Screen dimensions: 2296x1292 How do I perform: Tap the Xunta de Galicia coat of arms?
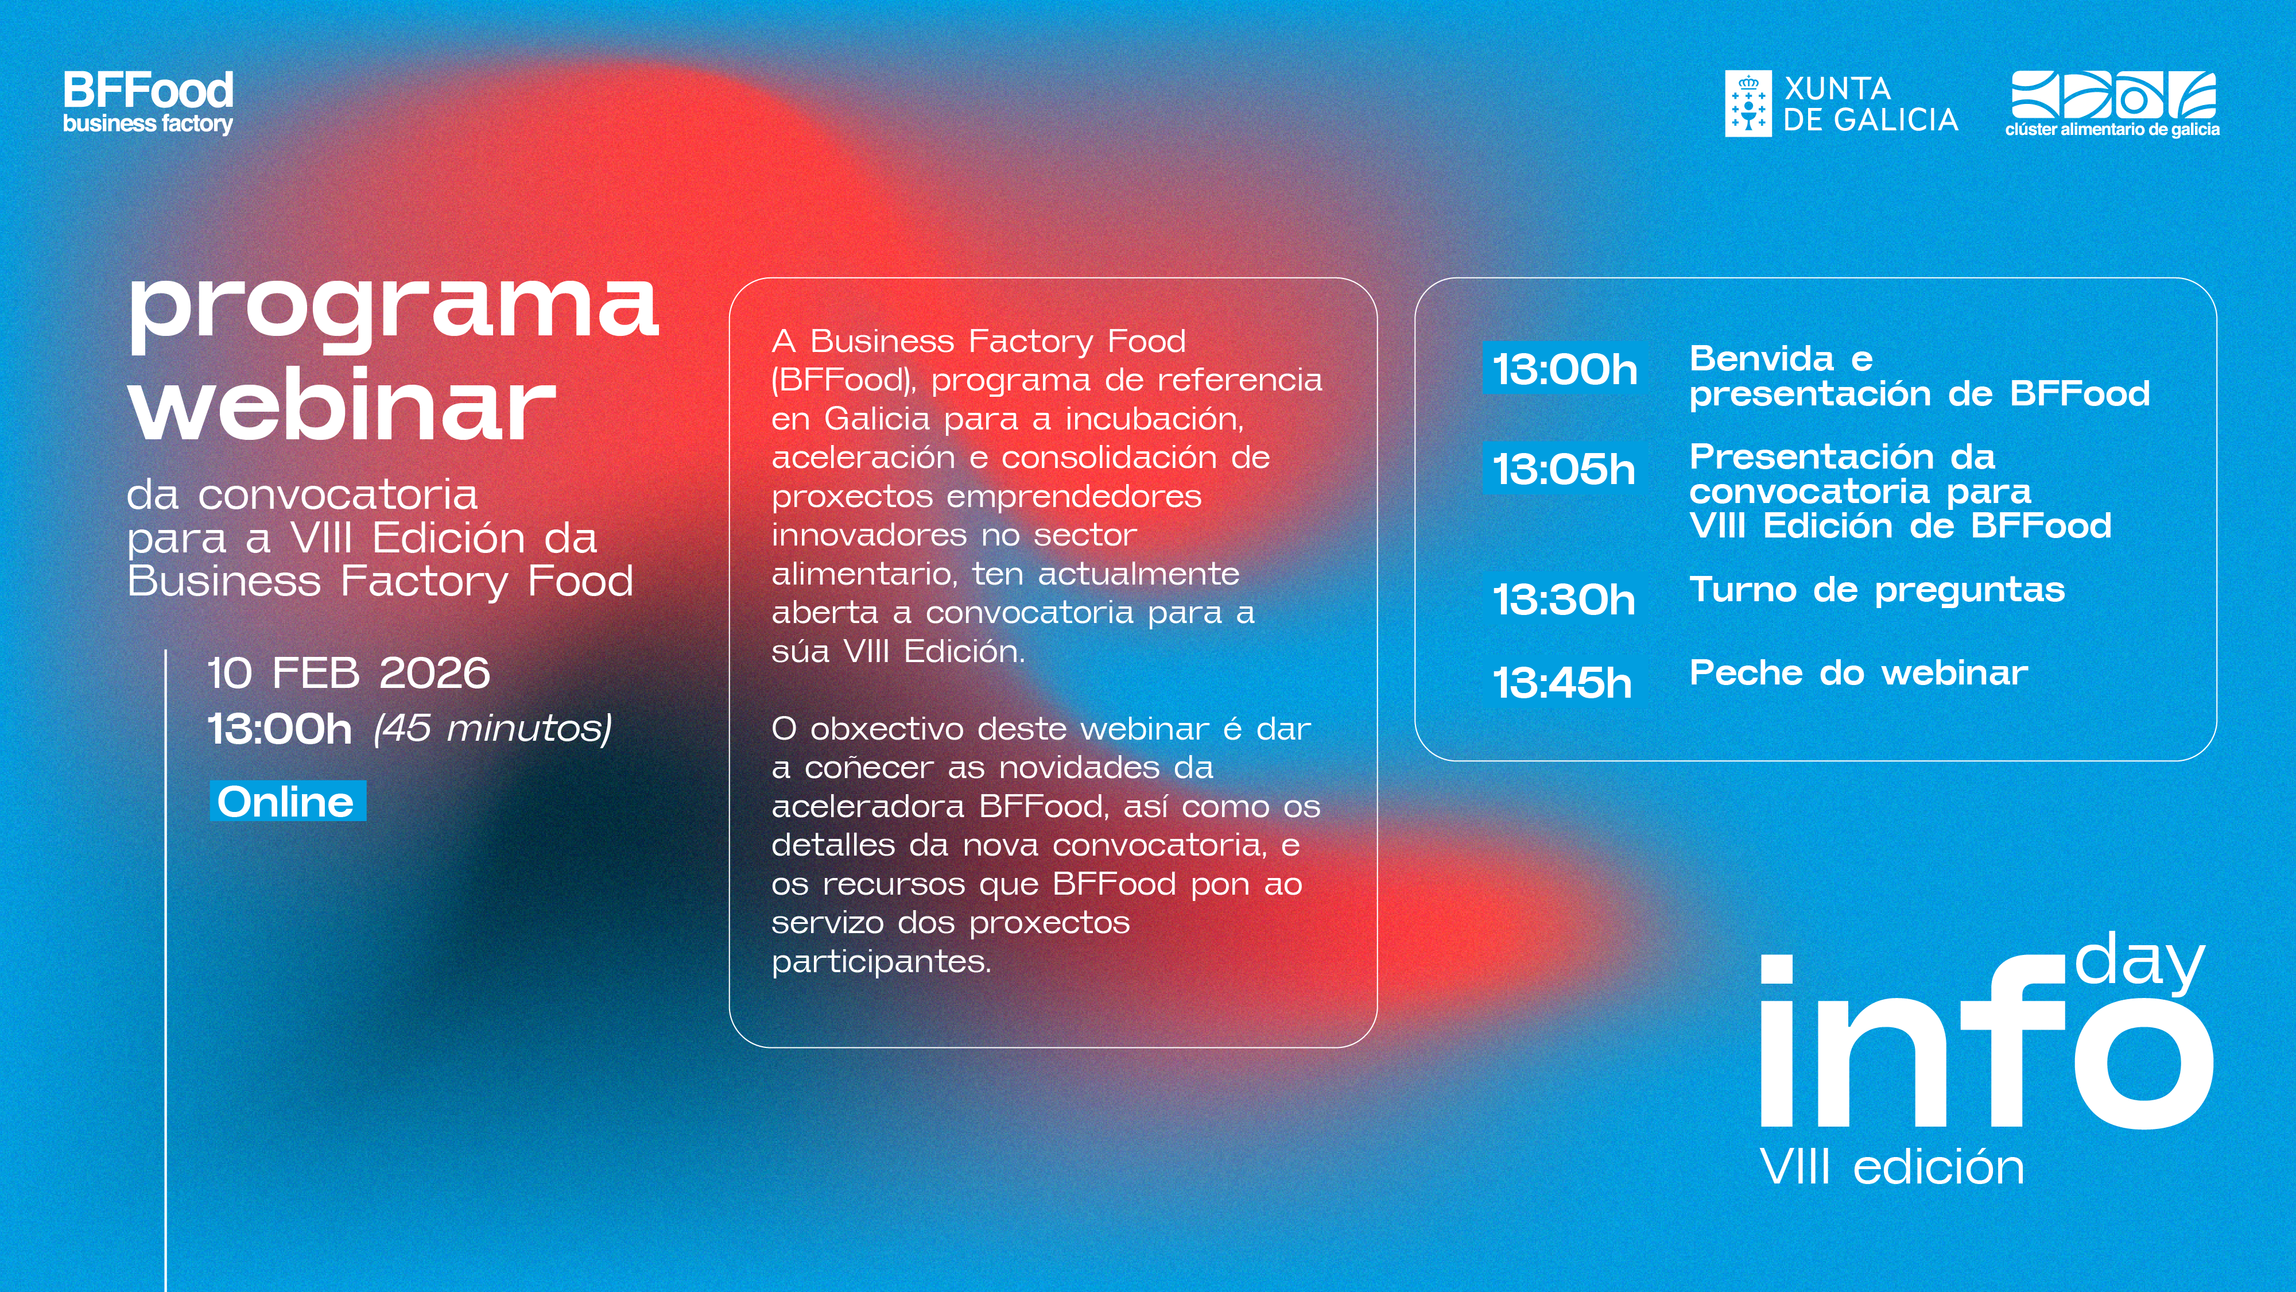1748,103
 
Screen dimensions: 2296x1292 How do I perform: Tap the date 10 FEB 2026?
348,673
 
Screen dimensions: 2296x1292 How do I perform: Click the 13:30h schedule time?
1564,599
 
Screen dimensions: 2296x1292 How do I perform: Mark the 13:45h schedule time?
1562,683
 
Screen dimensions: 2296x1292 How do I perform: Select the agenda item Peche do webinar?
1859,672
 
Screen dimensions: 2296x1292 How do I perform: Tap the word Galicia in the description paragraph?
876,418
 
